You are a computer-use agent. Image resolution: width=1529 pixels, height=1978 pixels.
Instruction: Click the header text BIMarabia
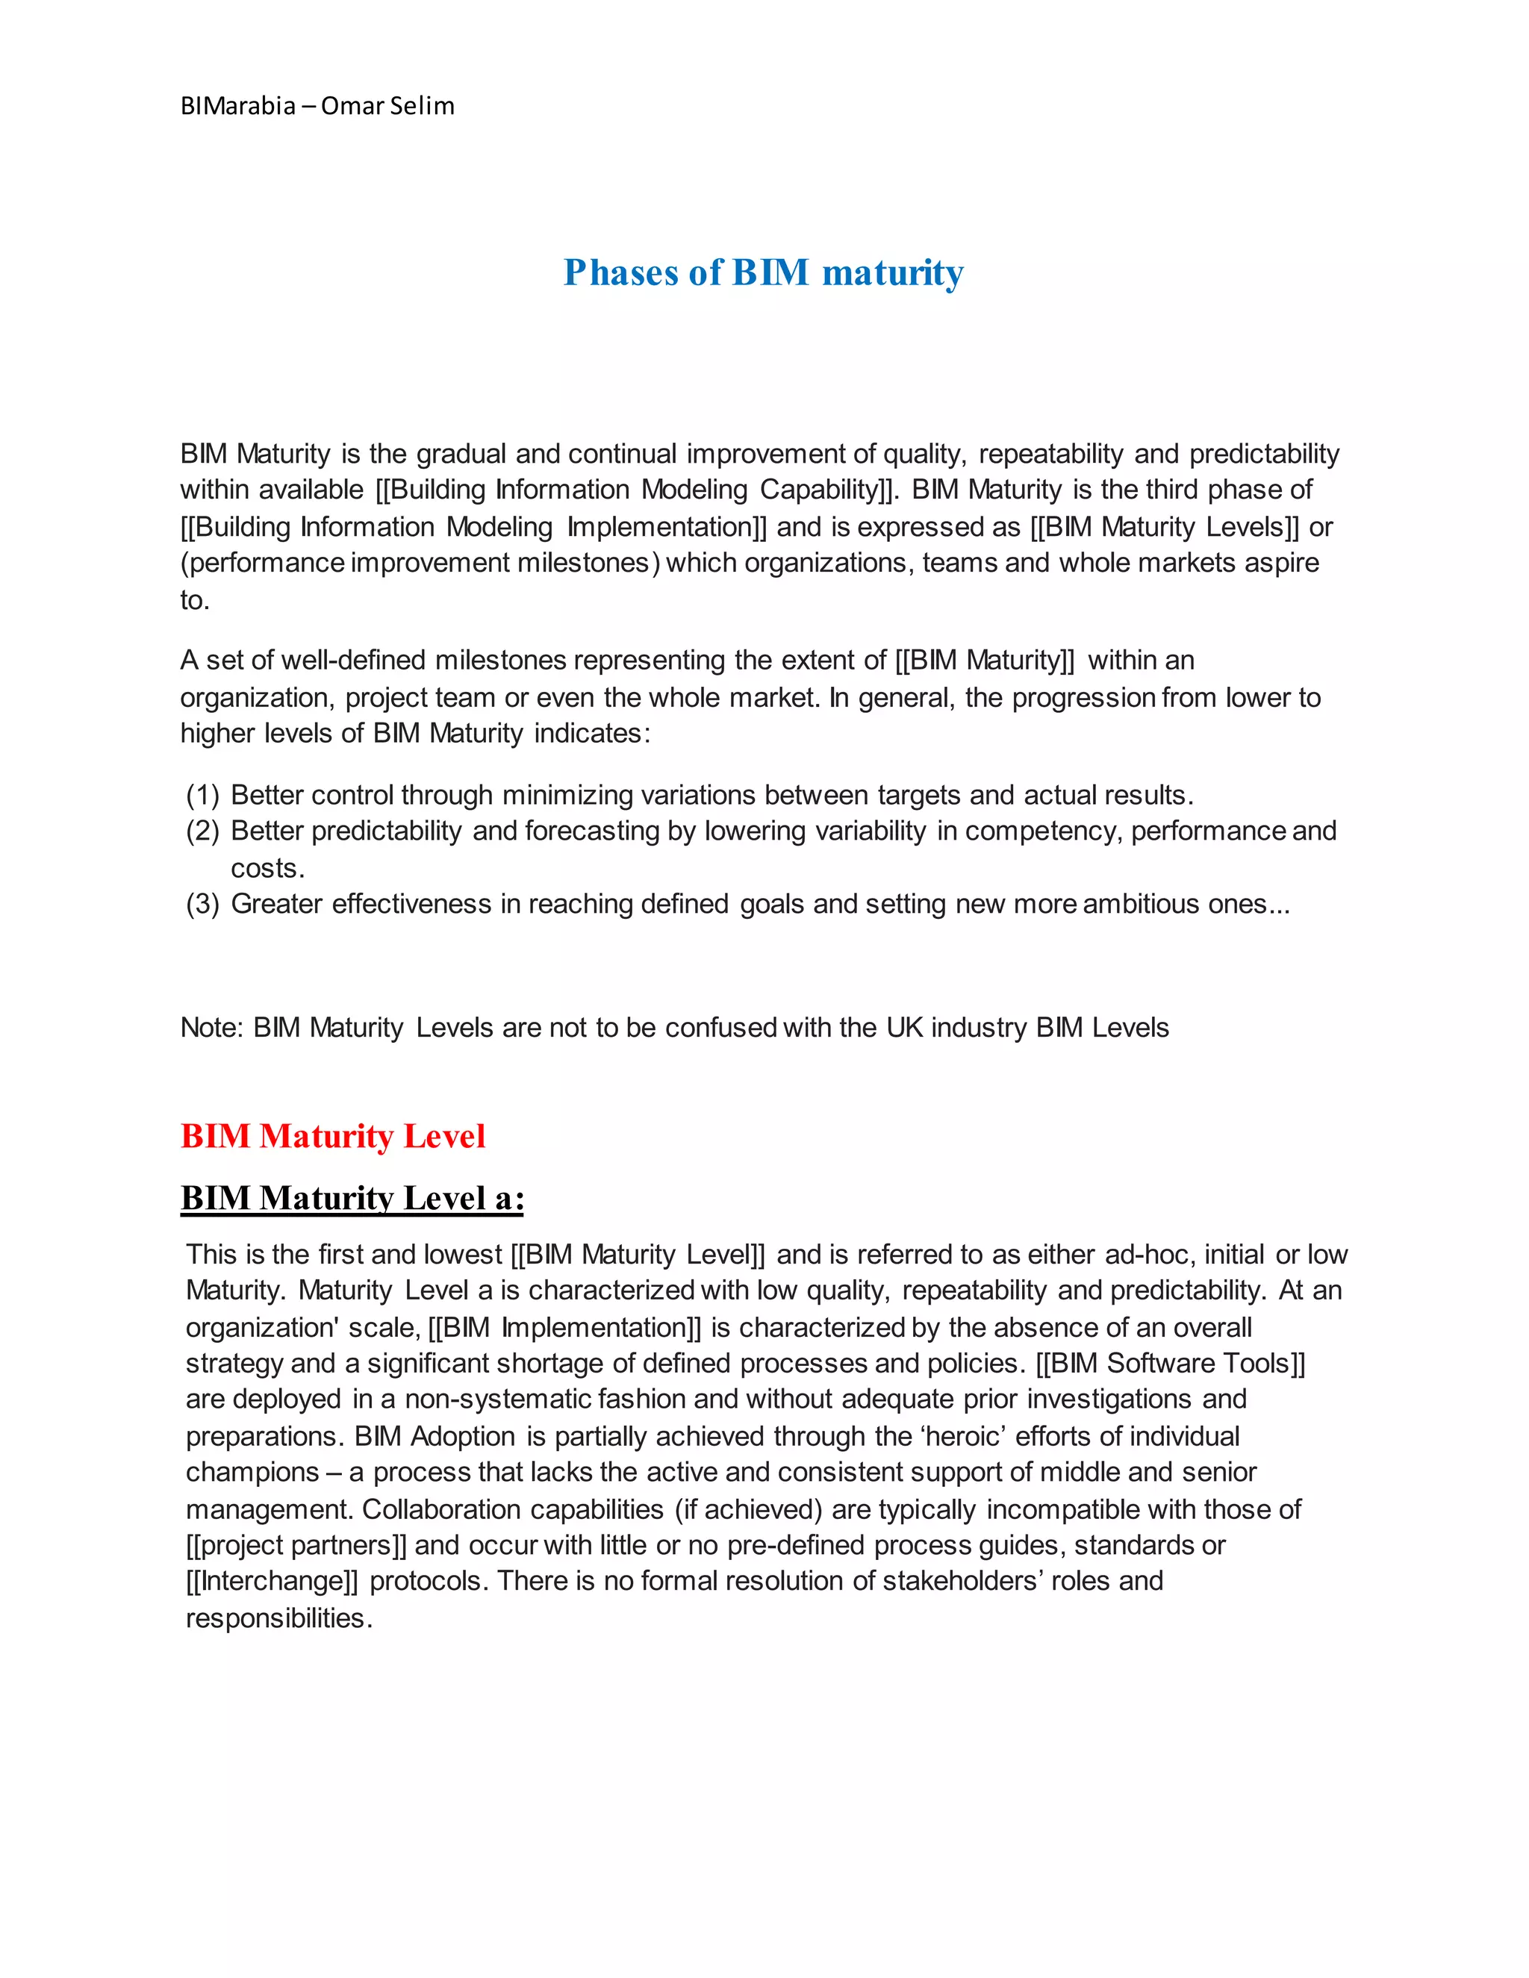tap(237, 106)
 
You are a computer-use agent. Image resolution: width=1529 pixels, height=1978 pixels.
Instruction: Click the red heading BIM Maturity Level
tap(332, 1137)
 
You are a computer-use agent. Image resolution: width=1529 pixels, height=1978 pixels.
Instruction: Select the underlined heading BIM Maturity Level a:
tap(352, 1198)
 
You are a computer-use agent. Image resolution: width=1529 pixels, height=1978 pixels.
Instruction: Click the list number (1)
tap(203, 795)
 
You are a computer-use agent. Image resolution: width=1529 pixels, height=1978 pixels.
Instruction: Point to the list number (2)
tap(203, 832)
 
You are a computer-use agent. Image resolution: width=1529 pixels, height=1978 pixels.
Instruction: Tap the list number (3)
tap(203, 904)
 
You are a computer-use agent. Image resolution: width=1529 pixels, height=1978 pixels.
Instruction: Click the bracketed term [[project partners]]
tap(296, 1545)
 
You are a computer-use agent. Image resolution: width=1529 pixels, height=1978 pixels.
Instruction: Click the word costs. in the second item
tap(267, 869)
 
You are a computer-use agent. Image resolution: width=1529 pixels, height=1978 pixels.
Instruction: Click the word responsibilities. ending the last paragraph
tap(279, 1618)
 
